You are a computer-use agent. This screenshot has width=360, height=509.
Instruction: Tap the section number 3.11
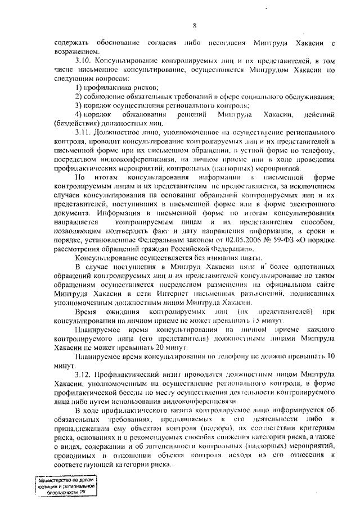pos(83,130)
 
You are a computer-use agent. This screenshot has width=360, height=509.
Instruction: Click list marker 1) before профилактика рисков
pos(79,87)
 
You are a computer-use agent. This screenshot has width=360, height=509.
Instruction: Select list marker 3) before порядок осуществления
pos(79,106)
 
